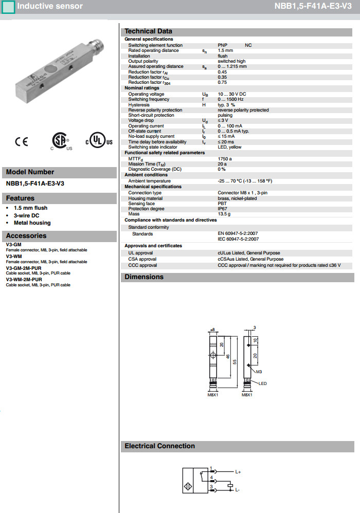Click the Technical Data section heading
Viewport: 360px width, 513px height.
pos(148,31)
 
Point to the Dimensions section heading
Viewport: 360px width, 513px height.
pos(144,277)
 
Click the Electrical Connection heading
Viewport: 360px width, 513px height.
pos(159,446)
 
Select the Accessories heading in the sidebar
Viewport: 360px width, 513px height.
pos(26,236)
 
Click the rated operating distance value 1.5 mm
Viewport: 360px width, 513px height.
pos(225,50)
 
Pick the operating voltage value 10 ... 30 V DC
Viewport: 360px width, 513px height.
pos(232,94)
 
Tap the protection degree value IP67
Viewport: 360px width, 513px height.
pos(223,209)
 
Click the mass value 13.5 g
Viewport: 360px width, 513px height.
pos(224,214)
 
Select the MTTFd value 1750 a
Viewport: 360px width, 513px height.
pos(225,159)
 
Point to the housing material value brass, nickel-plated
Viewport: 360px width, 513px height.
pos(237,198)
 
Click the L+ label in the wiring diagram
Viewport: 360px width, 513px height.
pos(238,471)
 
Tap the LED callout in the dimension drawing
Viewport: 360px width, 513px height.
pos(262,383)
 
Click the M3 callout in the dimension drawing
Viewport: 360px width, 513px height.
pos(259,371)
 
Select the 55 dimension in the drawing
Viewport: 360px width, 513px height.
pos(235,362)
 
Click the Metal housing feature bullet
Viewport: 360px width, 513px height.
pos(32,223)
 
